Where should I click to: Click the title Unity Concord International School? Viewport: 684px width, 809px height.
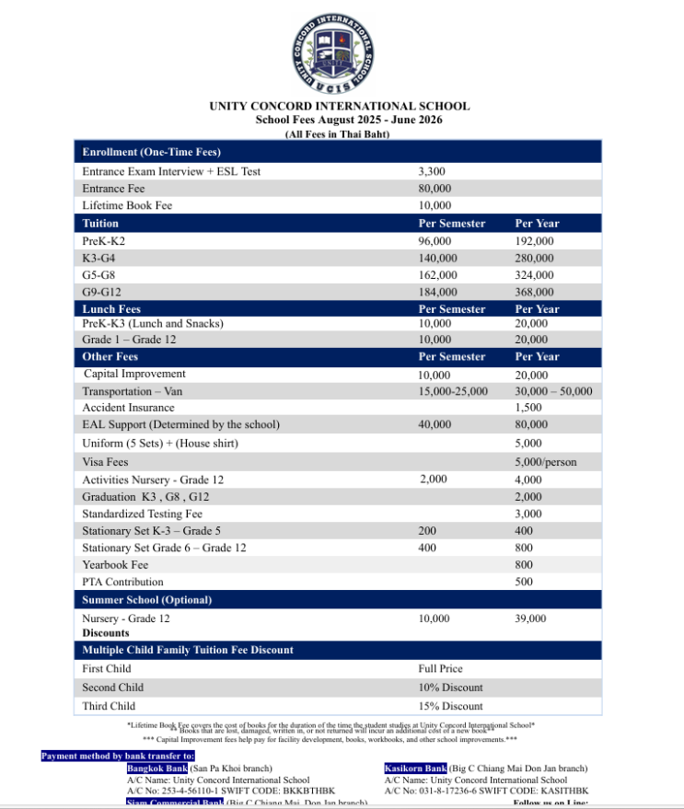340,106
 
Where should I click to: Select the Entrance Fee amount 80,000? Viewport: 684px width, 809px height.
435,189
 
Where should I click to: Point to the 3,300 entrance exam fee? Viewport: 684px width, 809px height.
432,171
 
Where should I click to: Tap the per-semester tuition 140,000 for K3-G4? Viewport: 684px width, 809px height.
437,258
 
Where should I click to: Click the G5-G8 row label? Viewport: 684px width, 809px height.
99,275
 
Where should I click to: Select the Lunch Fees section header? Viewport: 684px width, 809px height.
111,309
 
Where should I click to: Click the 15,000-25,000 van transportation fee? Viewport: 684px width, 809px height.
453,391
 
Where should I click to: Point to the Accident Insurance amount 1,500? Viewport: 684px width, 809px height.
528,408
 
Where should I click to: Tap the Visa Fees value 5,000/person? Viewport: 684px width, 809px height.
545,462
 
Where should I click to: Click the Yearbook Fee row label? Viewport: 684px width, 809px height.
115,564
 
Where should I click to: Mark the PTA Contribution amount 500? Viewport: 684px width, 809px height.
524,582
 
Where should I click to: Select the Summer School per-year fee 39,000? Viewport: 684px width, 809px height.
530,619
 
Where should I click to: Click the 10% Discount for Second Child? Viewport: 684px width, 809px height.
450,688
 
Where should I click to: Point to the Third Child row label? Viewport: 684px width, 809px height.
109,706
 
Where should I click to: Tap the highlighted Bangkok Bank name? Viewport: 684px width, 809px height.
157,769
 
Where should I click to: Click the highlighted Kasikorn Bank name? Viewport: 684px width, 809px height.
415,769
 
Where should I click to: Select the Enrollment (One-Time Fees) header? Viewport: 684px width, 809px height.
151,152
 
